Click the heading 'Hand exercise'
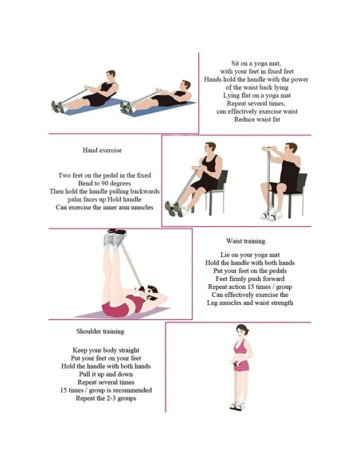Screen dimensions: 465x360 (x=102, y=150)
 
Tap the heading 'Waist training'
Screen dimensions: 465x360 (x=245, y=240)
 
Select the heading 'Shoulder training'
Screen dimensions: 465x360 (x=100, y=331)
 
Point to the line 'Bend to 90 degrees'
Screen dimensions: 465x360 (x=104, y=183)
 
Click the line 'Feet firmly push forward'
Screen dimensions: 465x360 (x=249, y=278)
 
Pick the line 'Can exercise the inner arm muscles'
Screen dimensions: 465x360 (x=104, y=207)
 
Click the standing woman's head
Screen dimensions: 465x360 (x=241, y=330)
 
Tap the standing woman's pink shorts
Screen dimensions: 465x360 (x=241, y=365)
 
